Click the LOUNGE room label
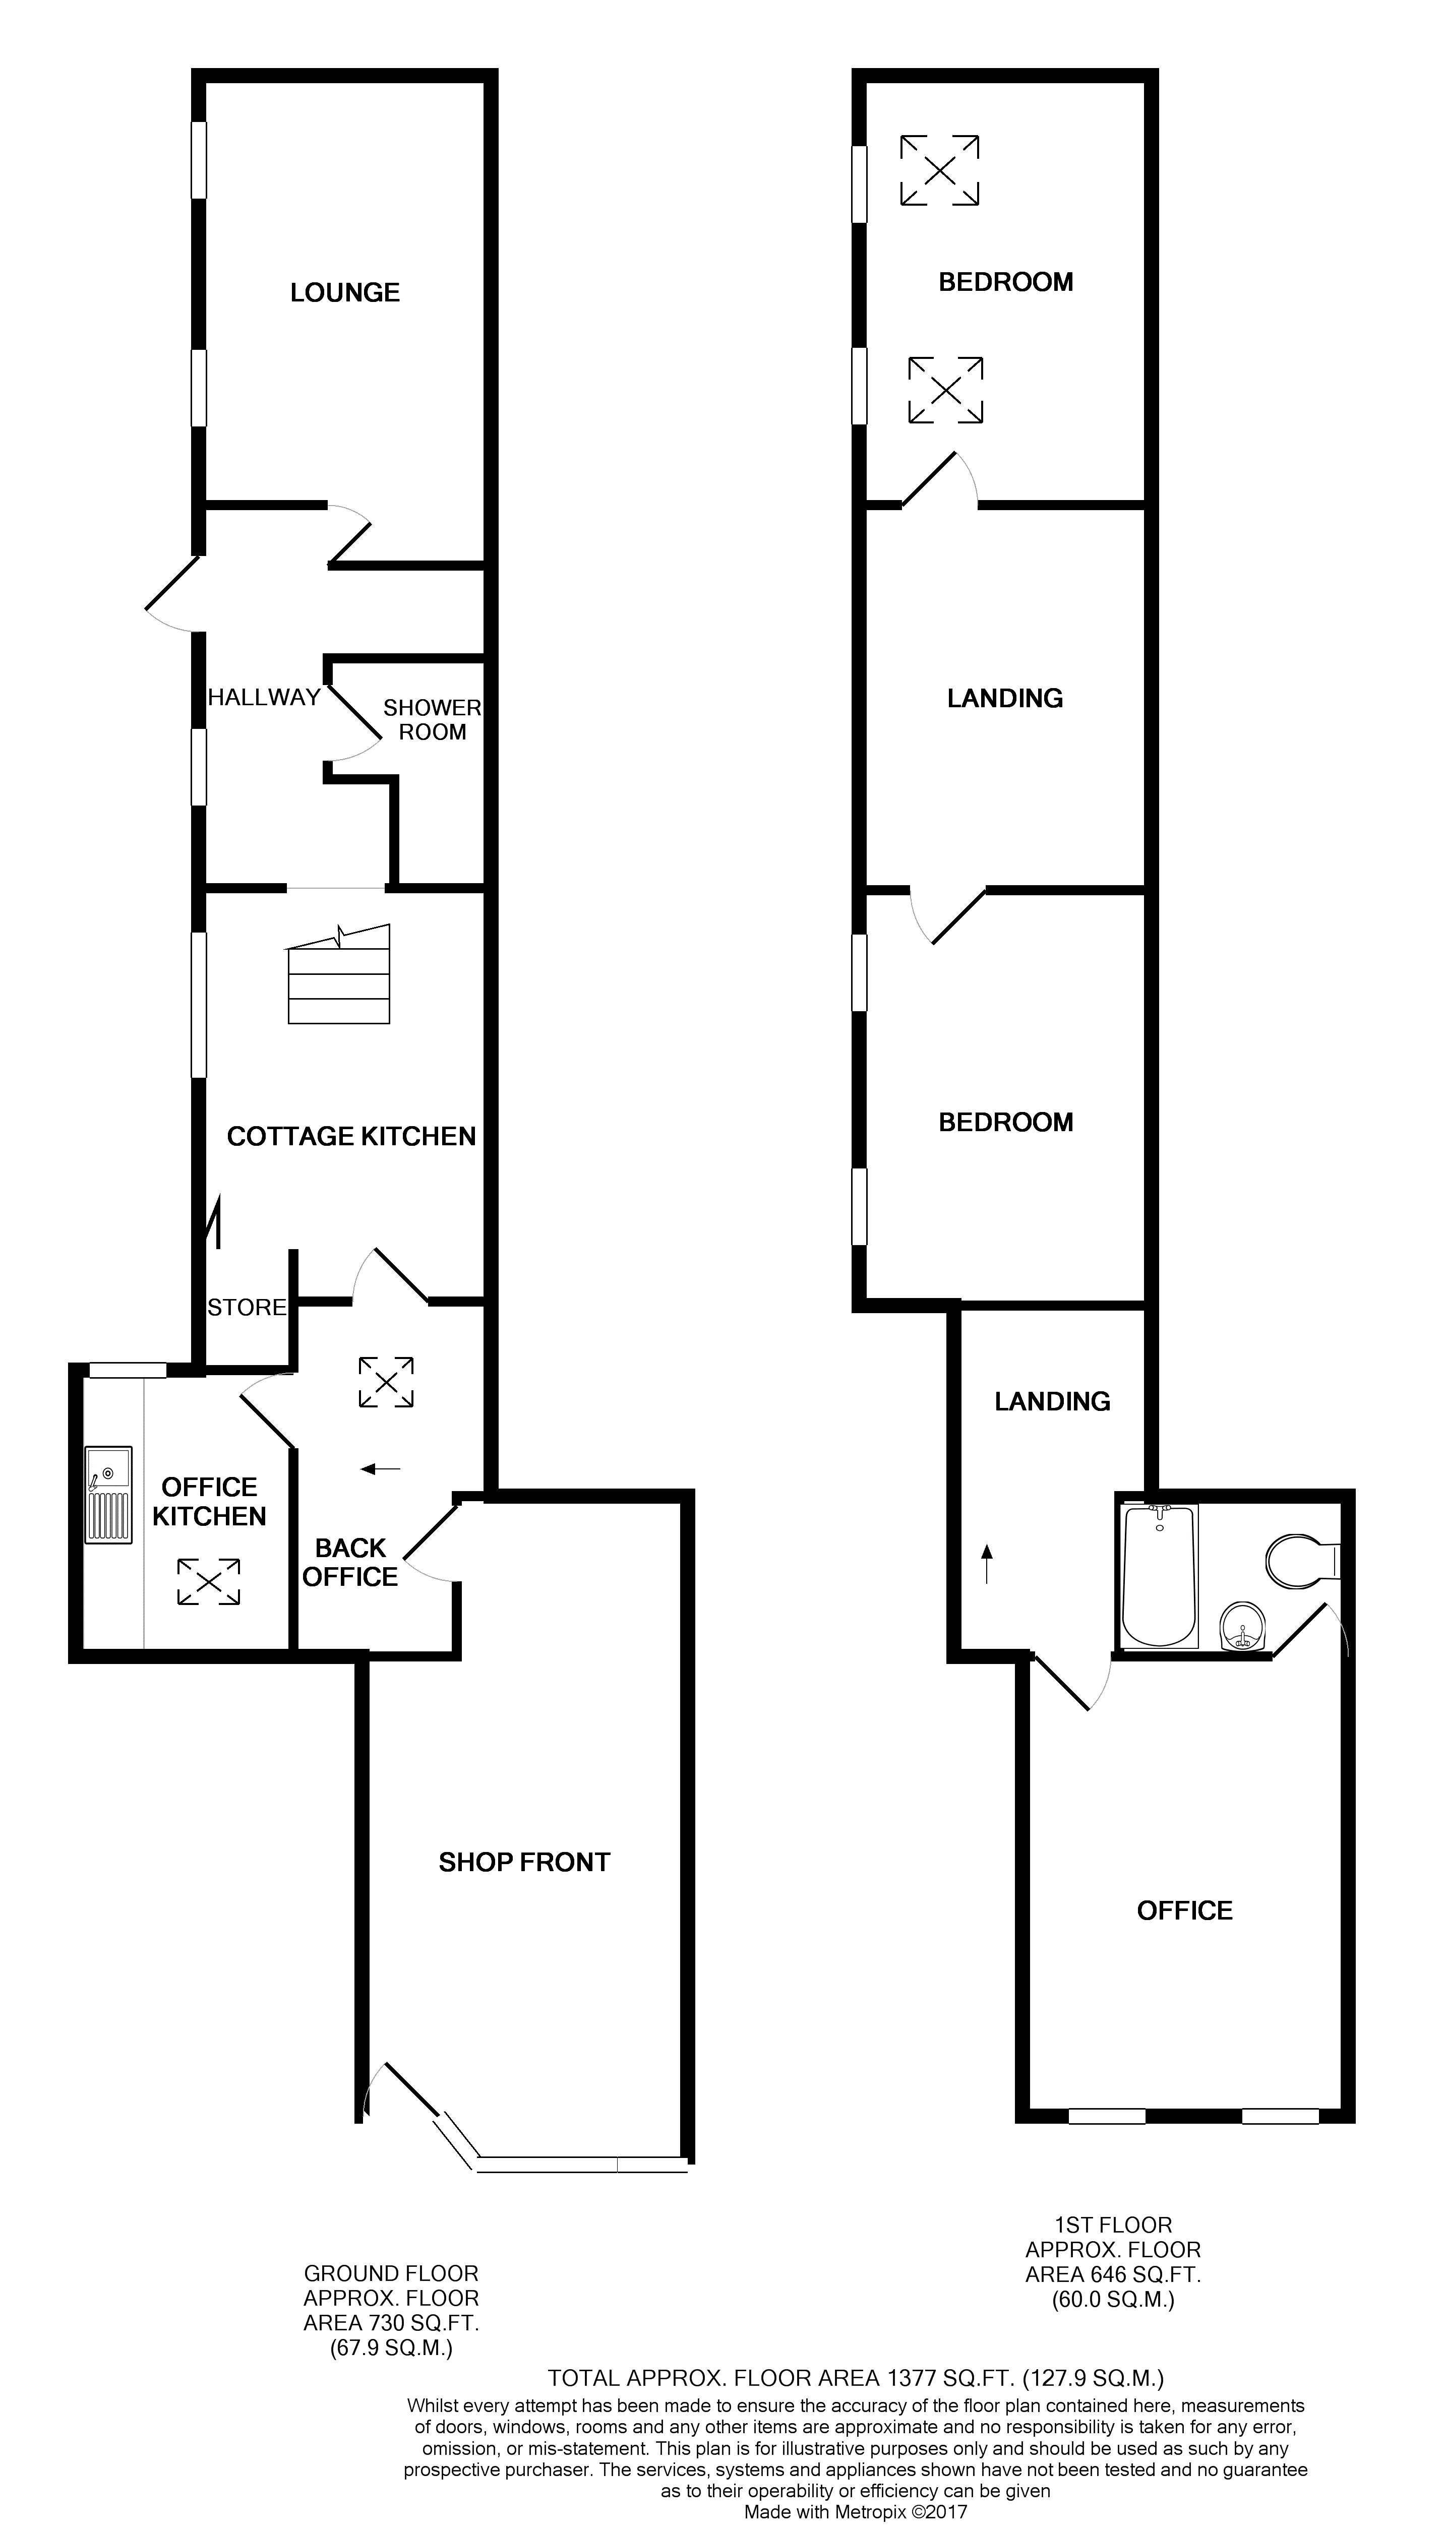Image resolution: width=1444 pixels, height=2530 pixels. click(x=345, y=292)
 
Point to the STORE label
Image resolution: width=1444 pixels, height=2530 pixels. click(x=247, y=1308)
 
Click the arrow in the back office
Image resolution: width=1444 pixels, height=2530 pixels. click(x=381, y=1469)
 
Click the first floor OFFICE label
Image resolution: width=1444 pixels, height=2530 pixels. click(x=1185, y=1910)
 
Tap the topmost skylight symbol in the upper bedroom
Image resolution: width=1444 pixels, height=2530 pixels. click(x=940, y=170)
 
